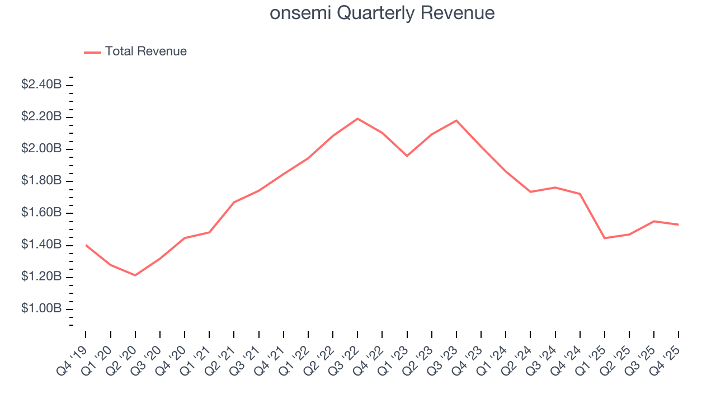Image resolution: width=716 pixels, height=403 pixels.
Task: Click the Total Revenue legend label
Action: (x=145, y=51)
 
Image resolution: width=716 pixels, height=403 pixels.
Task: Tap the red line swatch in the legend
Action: (x=92, y=52)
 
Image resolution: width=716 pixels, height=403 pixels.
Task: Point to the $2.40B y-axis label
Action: (x=41, y=85)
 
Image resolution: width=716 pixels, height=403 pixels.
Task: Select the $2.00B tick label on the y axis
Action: (x=41, y=149)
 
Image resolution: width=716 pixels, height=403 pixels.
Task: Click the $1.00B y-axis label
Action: (x=41, y=309)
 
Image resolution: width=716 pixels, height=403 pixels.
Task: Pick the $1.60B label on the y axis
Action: (x=41, y=213)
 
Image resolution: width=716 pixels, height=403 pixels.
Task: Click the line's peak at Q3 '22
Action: (x=357, y=119)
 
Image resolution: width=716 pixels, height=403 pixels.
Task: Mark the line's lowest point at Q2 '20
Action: (x=135, y=275)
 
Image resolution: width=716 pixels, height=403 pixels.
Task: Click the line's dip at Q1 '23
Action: (x=407, y=156)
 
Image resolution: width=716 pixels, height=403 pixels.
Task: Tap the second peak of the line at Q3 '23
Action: (x=456, y=120)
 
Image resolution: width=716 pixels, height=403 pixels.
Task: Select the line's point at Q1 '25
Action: (x=605, y=238)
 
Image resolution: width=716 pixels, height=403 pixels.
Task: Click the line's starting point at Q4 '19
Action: (x=86, y=245)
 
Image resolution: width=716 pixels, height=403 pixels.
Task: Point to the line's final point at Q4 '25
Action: (x=679, y=224)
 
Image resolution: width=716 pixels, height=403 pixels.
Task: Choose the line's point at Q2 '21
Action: (x=234, y=202)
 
